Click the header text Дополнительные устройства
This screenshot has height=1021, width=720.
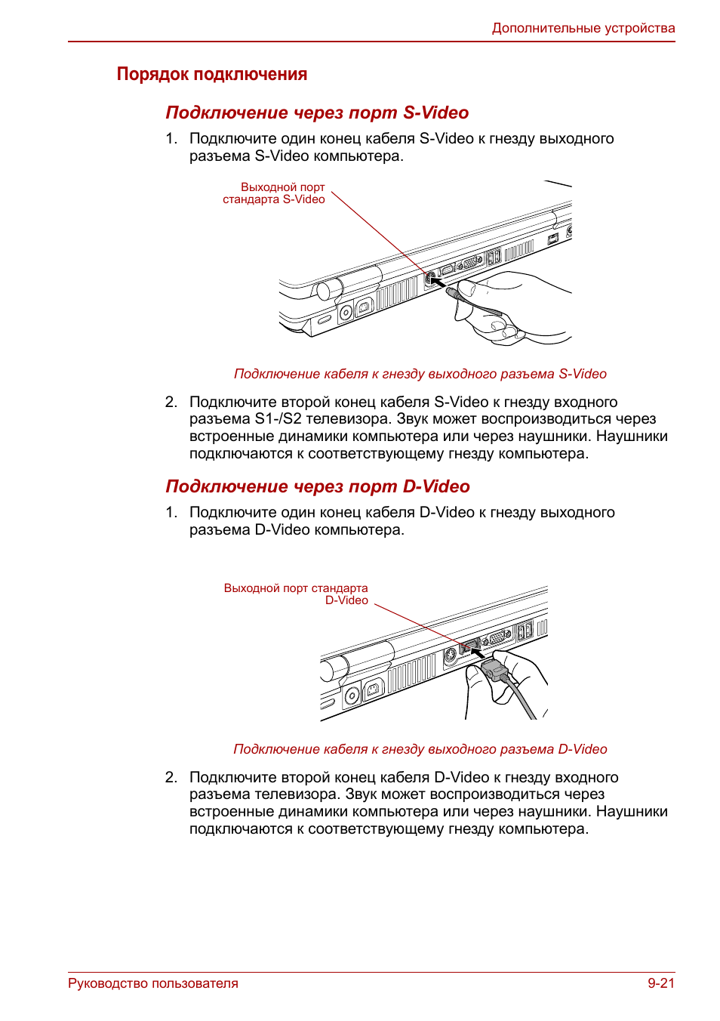click(x=583, y=28)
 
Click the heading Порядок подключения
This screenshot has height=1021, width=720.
click(x=212, y=74)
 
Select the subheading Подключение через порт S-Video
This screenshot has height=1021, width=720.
click(x=317, y=113)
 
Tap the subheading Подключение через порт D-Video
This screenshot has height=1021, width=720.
click(x=318, y=486)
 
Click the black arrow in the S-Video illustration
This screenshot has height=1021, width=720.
click(x=437, y=284)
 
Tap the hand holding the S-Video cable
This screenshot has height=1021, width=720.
click(x=513, y=306)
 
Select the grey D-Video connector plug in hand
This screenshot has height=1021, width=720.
click(x=494, y=670)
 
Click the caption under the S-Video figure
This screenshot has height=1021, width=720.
click(x=420, y=374)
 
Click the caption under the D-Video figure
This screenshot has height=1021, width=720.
click(x=420, y=749)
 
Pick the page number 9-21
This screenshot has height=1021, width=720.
click(x=660, y=983)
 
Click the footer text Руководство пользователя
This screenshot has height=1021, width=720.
click(x=153, y=983)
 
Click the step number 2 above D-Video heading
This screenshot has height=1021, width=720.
click(x=171, y=402)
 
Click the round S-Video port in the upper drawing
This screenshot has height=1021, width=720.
click(x=429, y=278)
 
